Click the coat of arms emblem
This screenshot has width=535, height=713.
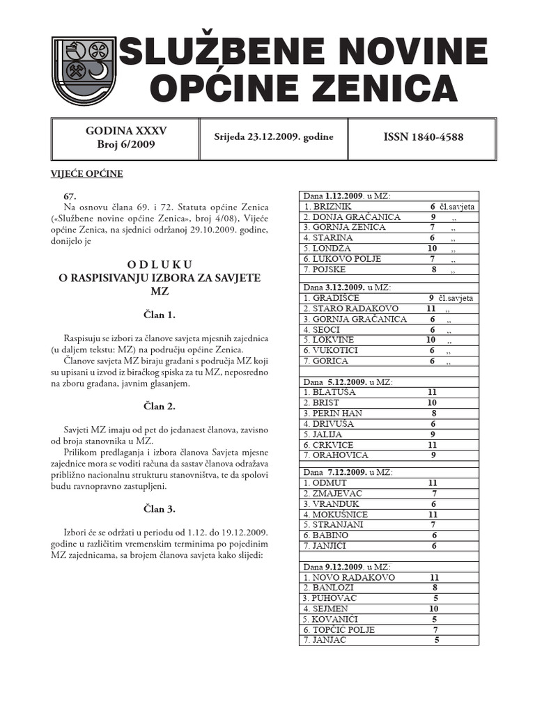pyautogui.click(x=84, y=70)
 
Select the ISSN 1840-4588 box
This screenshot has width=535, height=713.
pyautogui.click(x=423, y=137)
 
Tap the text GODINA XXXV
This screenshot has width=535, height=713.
pyautogui.click(x=126, y=130)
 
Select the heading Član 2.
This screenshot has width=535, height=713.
pyautogui.click(x=160, y=406)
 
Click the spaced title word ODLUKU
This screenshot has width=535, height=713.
pyautogui.click(x=160, y=265)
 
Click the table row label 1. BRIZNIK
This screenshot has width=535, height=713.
pyautogui.click(x=327, y=207)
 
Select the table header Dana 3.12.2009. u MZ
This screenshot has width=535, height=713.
pyautogui.click(x=347, y=287)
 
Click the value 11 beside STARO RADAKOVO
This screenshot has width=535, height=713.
pyautogui.click(x=431, y=308)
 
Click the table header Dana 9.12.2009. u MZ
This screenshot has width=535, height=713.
pyautogui.click(x=347, y=567)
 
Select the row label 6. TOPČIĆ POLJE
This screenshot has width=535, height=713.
pyautogui.click(x=339, y=629)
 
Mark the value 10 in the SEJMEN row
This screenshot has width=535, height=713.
pyautogui.click(x=434, y=609)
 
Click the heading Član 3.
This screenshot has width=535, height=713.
pyautogui.click(x=160, y=509)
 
